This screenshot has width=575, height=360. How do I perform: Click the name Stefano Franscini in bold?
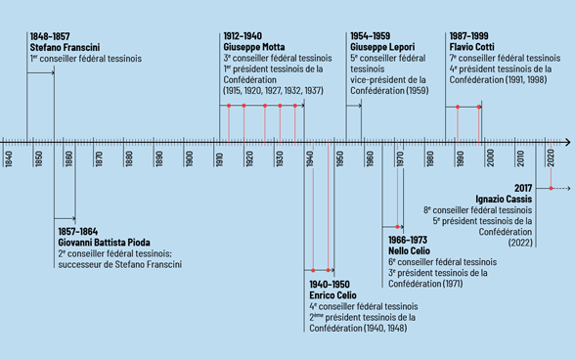[x=65, y=46]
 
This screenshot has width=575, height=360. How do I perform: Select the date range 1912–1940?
[x=242, y=36]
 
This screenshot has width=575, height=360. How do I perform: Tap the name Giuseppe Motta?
[x=254, y=46]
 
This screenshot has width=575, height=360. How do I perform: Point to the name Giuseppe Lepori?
[x=382, y=46]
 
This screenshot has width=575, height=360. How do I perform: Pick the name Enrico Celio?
[x=332, y=294]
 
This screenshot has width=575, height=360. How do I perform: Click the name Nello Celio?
[x=412, y=249]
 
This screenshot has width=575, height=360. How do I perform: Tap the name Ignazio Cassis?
[x=504, y=199]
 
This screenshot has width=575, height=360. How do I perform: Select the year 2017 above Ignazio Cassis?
[x=521, y=187]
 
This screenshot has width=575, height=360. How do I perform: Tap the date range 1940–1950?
[x=329, y=284]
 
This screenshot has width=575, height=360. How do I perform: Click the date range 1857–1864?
[x=77, y=231]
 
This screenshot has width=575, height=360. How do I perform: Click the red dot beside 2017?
[x=551, y=187]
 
